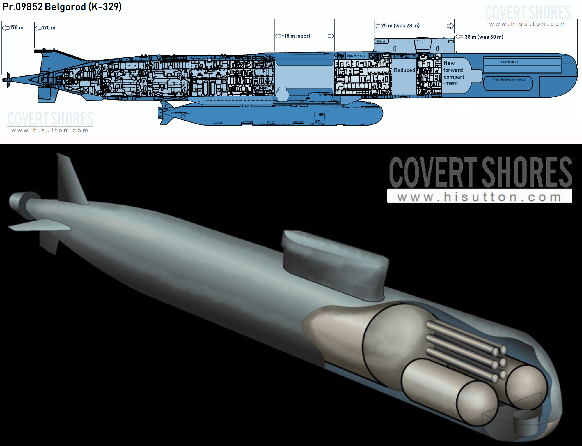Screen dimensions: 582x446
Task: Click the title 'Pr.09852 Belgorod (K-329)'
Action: click(62, 7)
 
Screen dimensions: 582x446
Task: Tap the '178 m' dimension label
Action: click(17, 28)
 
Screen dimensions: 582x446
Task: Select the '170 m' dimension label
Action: click(49, 28)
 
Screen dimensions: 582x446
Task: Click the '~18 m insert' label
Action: click(296, 36)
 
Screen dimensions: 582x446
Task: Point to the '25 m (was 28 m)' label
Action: click(400, 26)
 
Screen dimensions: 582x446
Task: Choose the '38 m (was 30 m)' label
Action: click(484, 37)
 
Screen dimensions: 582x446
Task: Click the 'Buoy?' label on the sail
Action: click(381, 41)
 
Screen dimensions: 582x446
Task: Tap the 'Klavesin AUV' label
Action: click(356, 56)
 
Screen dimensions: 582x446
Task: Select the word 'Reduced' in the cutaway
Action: click(404, 70)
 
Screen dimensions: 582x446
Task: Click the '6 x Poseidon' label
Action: click(510, 62)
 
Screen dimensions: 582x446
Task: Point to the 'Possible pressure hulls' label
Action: click(509, 80)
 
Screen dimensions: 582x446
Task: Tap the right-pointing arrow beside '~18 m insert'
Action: click(331, 36)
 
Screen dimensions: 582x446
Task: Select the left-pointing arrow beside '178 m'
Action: click(6, 28)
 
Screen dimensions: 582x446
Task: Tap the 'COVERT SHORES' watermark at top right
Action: click(528, 13)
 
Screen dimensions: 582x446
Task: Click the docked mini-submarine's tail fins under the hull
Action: click(165, 113)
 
